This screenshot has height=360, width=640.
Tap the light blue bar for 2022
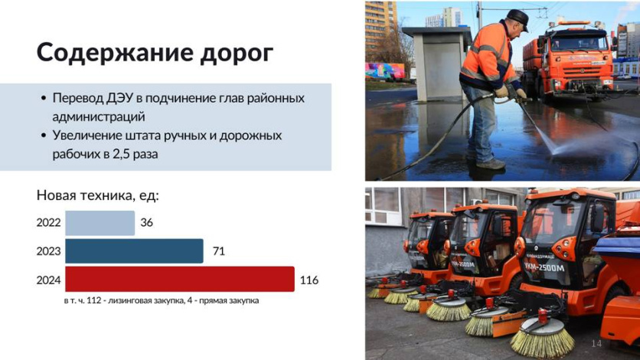point(100,223)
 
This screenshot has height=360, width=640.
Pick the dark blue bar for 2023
point(134,251)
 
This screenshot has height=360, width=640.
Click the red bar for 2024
point(180,279)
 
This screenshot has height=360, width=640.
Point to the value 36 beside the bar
point(146,222)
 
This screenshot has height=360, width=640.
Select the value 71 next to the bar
point(219,251)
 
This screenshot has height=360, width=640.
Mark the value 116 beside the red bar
point(309,280)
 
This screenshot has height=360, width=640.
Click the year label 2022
point(48,222)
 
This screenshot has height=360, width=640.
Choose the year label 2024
point(48,280)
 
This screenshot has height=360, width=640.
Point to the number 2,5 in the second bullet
point(122,154)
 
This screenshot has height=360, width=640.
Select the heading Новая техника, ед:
point(97,195)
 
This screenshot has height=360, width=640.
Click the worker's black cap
point(518,18)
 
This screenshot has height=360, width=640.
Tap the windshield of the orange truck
point(580,41)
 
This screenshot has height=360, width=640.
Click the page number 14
point(596,343)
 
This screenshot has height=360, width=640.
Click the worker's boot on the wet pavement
point(491,164)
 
